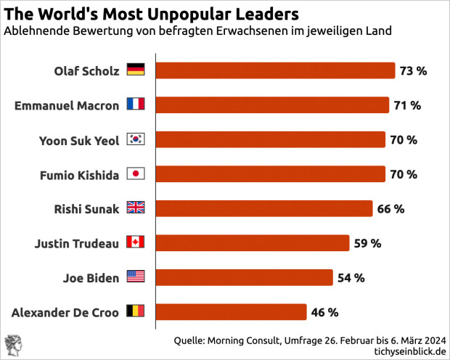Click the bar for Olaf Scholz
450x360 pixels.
pos(276,70)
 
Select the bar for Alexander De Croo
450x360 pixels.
pos(232,312)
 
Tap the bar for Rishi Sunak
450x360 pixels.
pos(264,209)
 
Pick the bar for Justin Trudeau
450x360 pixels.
pos(253,243)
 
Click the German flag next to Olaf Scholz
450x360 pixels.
pos(136,70)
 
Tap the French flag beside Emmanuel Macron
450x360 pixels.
pos(136,105)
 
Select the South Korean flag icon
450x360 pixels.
pos(136,139)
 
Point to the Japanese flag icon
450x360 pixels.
pos(136,174)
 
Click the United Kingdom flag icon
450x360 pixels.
pos(136,209)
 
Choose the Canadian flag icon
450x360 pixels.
pos(136,243)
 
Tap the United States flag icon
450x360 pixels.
pos(136,277)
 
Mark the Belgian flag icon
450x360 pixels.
pos(136,312)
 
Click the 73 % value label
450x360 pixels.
pos(413,70)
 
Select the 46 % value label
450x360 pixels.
pos(324,312)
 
